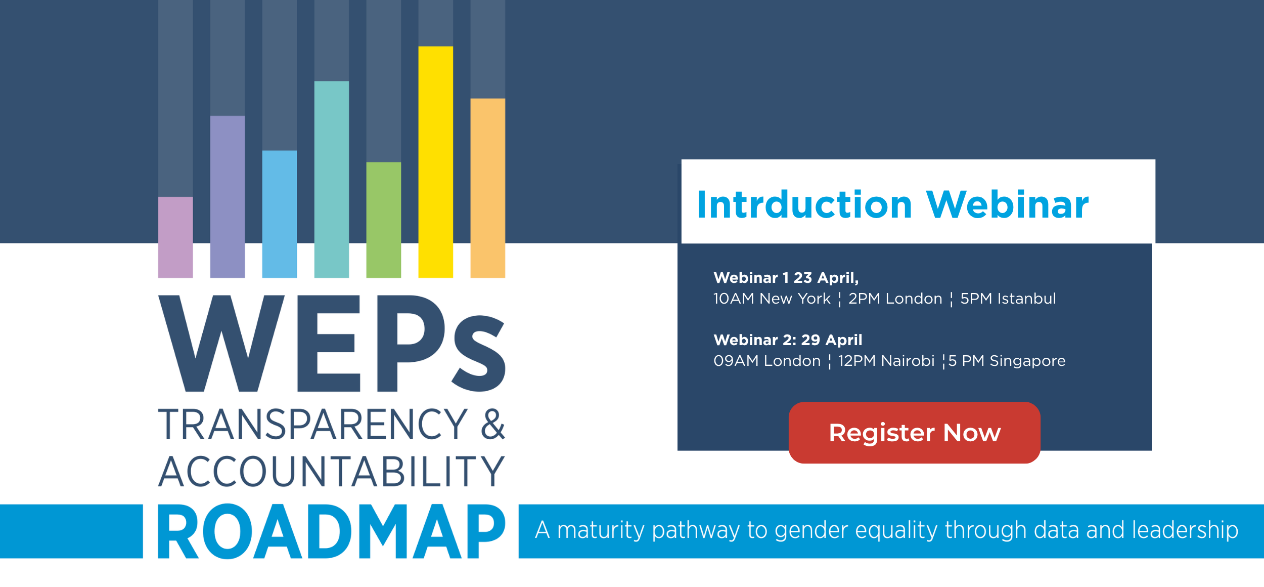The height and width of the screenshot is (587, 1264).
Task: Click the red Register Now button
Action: [914, 433]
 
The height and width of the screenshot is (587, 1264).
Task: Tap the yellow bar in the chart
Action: [435, 162]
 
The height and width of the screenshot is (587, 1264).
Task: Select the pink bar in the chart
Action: [175, 237]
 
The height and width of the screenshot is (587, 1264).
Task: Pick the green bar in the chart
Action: [383, 220]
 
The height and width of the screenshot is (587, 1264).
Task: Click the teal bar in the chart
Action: [332, 180]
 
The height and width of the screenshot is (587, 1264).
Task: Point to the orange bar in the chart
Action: [487, 188]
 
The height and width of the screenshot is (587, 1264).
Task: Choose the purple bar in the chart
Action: [228, 197]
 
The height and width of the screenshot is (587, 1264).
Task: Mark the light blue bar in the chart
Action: [280, 214]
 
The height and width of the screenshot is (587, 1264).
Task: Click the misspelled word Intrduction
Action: [804, 204]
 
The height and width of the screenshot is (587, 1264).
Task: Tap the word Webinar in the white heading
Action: [1007, 204]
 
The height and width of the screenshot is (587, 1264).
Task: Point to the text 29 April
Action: [832, 340]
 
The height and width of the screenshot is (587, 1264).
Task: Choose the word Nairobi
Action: [908, 361]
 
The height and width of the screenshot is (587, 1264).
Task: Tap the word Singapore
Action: [1027, 361]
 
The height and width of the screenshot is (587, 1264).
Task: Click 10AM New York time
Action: [772, 299]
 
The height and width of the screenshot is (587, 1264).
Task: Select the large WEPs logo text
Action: [332, 344]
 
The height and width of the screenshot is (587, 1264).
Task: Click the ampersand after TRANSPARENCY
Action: [493, 424]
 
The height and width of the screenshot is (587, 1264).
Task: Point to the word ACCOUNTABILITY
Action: [332, 471]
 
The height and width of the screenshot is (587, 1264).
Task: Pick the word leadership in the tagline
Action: [1185, 530]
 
